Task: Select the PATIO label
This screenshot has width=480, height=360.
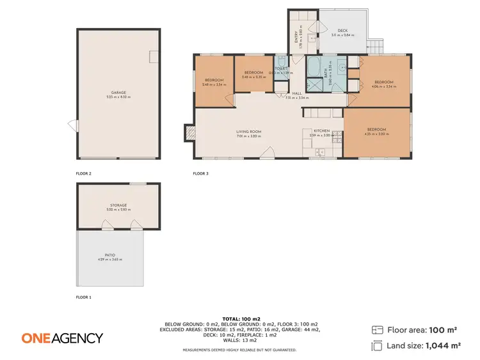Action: tap(119, 255)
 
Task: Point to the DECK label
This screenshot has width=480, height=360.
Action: tap(342, 30)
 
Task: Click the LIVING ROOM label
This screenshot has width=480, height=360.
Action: tap(249, 132)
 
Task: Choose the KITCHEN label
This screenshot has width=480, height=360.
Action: tap(321, 131)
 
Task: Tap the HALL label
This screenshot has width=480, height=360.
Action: tap(297, 93)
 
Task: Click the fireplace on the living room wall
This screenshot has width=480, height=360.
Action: tap(190, 132)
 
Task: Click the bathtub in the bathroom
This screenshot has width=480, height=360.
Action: tap(314, 67)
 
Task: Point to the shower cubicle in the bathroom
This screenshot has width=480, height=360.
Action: tap(314, 85)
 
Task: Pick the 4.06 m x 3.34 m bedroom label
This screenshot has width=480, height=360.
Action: tap(383, 82)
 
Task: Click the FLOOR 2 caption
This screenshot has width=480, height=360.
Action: tap(84, 173)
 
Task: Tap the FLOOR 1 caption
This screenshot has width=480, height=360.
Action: tap(84, 297)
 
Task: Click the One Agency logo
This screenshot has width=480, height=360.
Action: tap(62, 338)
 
